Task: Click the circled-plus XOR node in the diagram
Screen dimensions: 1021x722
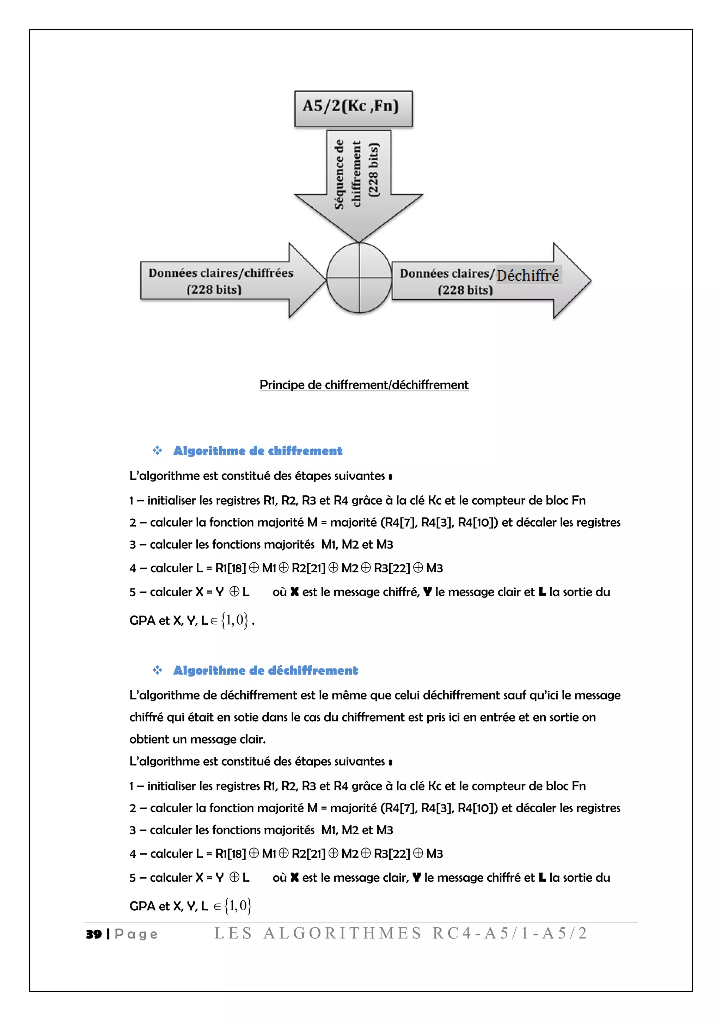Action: pyautogui.click(x=359, y=278)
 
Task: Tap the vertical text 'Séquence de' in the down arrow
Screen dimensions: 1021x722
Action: pyautogui.click(x=339, y=174)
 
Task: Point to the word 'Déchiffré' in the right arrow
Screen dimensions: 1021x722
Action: pyautogui.click(x=528, y=275)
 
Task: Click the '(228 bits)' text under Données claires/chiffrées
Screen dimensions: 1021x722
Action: pyautogui.click(x=214, y=290)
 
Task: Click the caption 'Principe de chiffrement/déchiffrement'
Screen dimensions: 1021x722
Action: pyautogui.click(x=364, y=385)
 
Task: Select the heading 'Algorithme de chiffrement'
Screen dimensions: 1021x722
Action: pyautogui.click(x=257, y=451)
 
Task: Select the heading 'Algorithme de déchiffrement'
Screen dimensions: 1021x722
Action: pyautogui.click(x=265, y=671)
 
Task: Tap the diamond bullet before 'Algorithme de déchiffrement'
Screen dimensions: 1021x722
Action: pyautogui.click(x=157, y=670)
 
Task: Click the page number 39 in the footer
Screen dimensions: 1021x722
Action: pyautogui.click(x=94, y=934)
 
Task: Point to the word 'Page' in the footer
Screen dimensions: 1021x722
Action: pyautogui.click(x=136, y=934)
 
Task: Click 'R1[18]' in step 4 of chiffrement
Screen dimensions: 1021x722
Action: pyautogui.click(x=230, y=568)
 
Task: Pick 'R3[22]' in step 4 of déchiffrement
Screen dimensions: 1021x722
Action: pyautogui.click(x=392, y=854)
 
